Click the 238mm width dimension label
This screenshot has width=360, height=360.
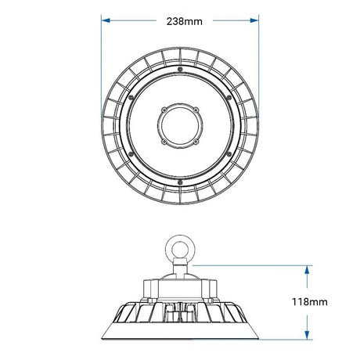(x=185, y=21)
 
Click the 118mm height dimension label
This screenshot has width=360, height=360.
(x=309, y=302)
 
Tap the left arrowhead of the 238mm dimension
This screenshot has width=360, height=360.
(x=106, y=20)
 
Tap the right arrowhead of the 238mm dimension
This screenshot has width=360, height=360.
(x=254, y=20)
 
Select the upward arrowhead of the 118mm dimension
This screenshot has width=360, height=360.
(x=307, y=270)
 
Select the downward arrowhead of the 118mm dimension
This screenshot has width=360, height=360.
(x=307, y=335)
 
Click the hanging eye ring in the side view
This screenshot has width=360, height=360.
(x=180, y=247)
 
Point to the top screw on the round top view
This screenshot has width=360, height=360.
(x=180, y=69)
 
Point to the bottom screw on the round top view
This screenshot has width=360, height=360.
(x=180, y=182)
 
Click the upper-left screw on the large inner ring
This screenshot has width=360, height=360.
(x=131, y=97)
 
